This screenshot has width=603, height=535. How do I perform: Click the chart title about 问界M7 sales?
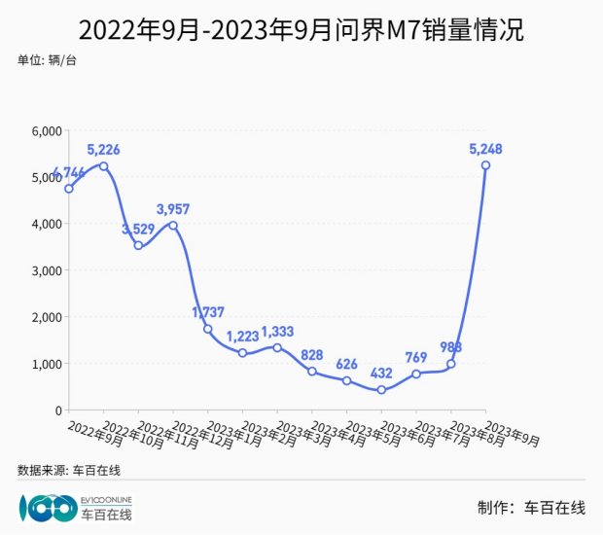[301, 30]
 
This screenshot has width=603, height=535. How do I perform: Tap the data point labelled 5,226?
[104, 166]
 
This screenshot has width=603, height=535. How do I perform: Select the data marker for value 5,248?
[485, 165]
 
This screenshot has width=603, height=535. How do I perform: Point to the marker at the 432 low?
[381, 390]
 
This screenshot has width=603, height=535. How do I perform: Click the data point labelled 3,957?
[173, 226]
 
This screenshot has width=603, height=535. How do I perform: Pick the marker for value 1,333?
[277, 348]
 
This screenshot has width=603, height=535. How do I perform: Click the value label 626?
[346, 365]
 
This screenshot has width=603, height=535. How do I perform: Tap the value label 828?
[312, 355]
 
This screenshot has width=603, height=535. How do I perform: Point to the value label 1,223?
[243, 337]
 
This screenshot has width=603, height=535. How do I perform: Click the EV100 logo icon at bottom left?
[47, 507]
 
